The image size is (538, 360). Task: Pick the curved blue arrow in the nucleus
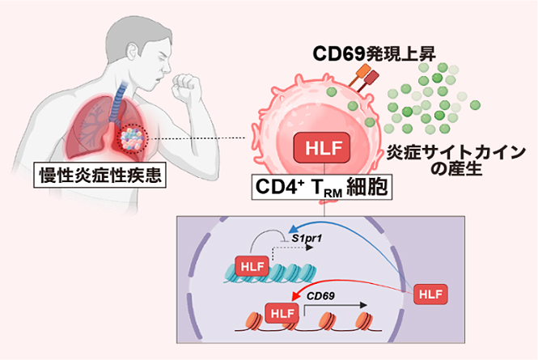point(348,225)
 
